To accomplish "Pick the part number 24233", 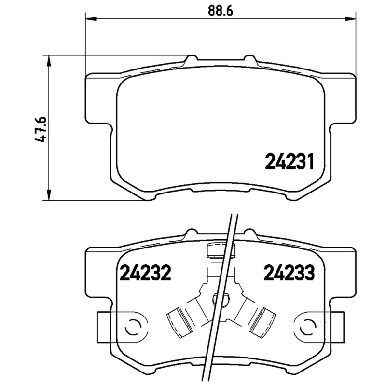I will tap(289, 274).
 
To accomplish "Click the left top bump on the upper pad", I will tap(191, 59).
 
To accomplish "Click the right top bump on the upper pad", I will tap(250, 59).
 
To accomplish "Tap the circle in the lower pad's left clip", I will tap(132, 327).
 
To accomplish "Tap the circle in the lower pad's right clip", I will tap(307, 327).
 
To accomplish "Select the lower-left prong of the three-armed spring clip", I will tap(179, 320).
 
